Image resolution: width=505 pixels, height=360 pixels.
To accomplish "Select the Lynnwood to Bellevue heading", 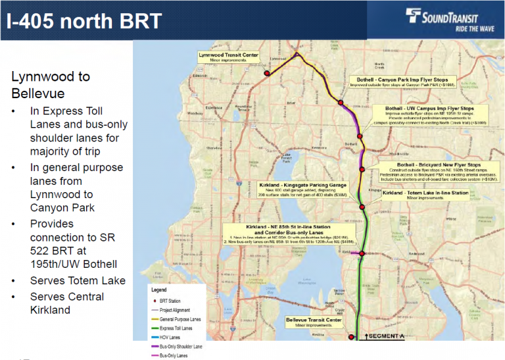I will (x=51, y=84).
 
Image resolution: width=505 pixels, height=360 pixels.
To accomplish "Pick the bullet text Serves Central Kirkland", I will (x=66, y=303).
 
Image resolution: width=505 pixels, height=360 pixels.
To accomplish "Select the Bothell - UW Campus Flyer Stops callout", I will (x=435, y=114).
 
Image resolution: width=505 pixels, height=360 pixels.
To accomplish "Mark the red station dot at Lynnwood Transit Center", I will (x=267, y=74).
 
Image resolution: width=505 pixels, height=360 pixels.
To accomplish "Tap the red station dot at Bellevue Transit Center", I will (x=351, y=337).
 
